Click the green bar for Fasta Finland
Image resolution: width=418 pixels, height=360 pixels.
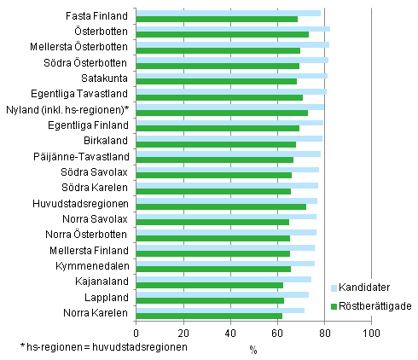point(217,19)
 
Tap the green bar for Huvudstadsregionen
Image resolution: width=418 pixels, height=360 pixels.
point(221,206)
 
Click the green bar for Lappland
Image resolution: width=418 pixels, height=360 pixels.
point(210,300)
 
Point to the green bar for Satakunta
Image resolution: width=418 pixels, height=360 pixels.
point(216,82)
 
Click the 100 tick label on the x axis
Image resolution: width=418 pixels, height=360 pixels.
point(370,333)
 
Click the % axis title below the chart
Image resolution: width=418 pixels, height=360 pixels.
point(253,348)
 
